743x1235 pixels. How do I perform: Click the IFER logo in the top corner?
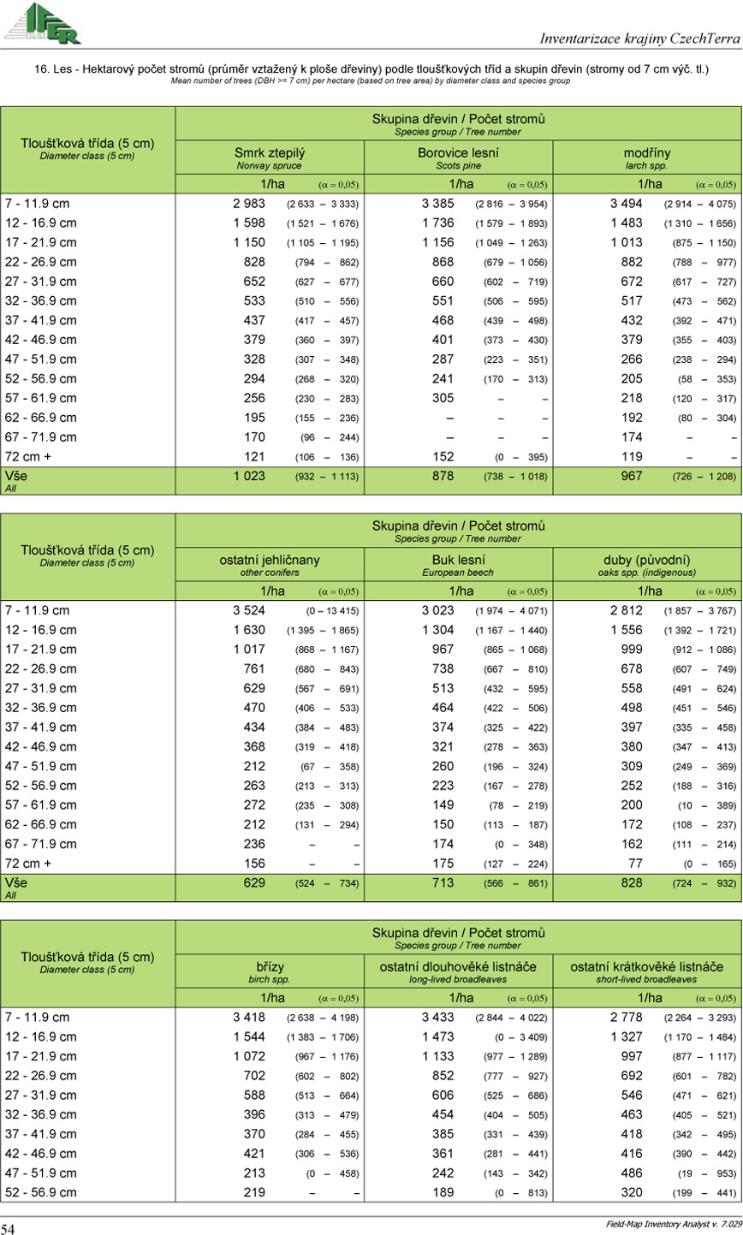(42, 23)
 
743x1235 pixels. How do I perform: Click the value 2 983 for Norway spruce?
(249, 204)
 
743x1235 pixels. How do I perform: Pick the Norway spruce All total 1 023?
(249, 476)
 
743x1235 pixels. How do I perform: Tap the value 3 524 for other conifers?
(249, 611)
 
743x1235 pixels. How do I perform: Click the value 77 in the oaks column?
(633, 864)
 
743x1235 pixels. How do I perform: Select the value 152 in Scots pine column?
(441, 456)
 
